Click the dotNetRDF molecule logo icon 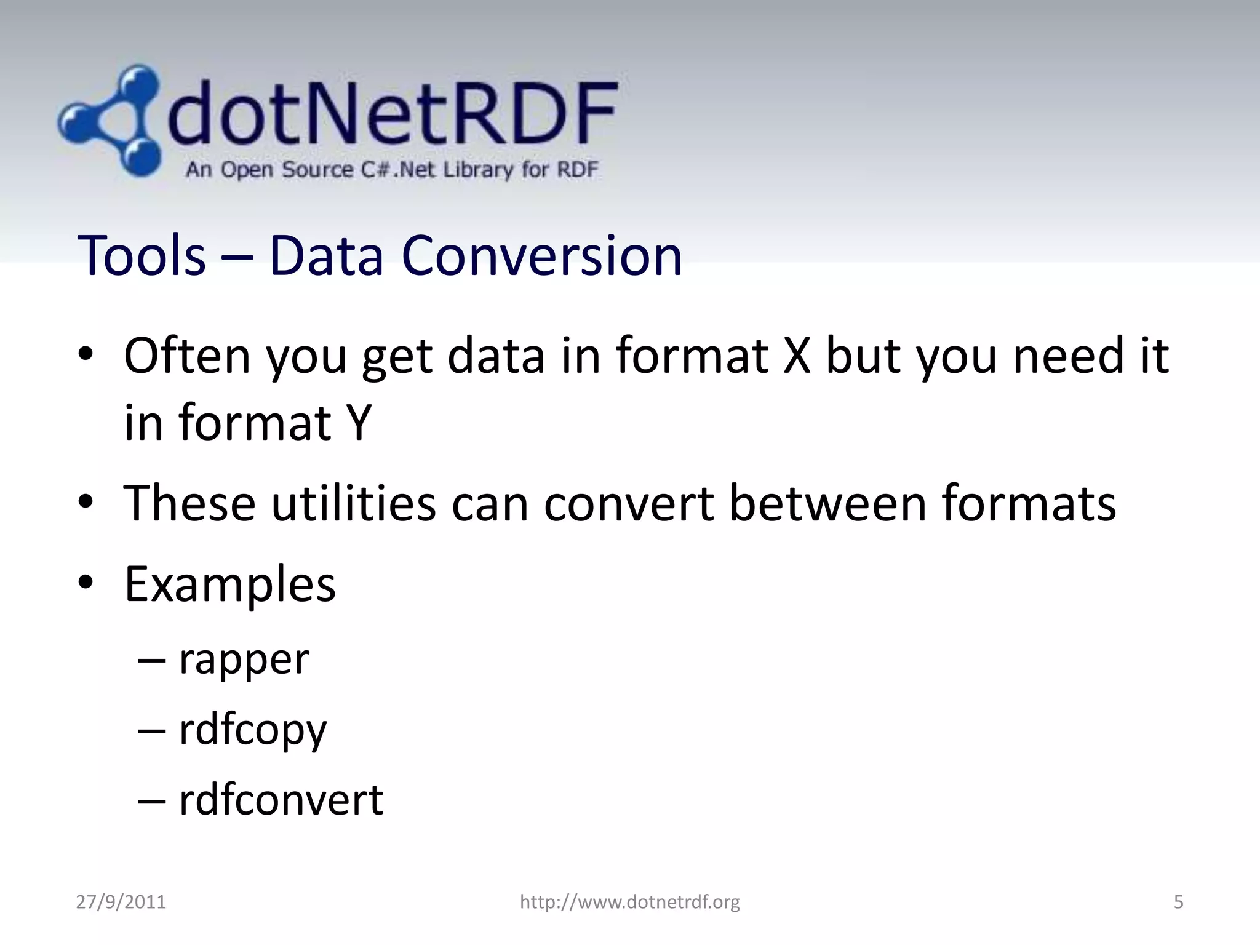pyautogui.click(x=111, y=120)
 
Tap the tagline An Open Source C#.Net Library pyautogui.click(x=391, y=169)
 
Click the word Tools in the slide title pyautogui.click(x=142, y=255)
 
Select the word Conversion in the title pyautogui.click(x=541, y=255)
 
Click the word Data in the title pyautogui.click(x=326, y=255)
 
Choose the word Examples pyautogui.click(x=230, y=584)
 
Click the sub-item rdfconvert pyautogui.click(x=281, y=800)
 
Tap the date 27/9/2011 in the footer pyautogui.click(x=121, y=902)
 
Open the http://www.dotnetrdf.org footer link pyautogui.click(x=629, y=902)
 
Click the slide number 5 pyautogui.click(x=1178, y=902)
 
